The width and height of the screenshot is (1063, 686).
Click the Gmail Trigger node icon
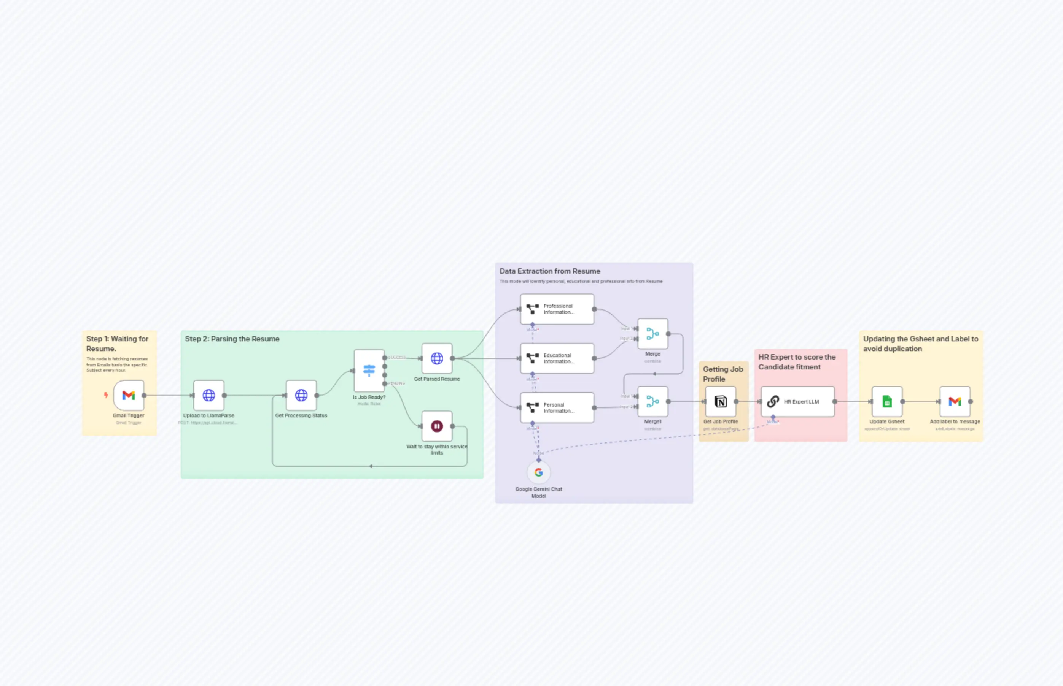pyautogui.click(x=129, y=395)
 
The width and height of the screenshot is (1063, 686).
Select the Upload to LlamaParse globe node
pyautogui.click(x=208, y=395)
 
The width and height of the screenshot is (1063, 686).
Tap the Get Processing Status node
pyautogui.click(x=301, y=395)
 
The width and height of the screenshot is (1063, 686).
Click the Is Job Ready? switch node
pyautogui.click(x=369, y=370)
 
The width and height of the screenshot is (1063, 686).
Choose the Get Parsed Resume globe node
pyautogui.click(x=437, y=358)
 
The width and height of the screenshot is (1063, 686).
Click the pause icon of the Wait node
pyautogui.click(x=437, y=426)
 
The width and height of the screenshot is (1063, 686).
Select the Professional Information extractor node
pyautogui.click(x=557, y=309)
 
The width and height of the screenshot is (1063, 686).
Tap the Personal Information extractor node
pyautogui.click(x=557, y=407)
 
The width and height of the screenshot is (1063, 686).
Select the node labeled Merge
pyautogui.click(x=653, y=334)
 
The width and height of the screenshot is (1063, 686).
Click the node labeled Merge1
pyautogui.click(x=653, y=401)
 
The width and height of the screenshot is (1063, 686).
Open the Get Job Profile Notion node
pyautogui.click(x=721, y=402)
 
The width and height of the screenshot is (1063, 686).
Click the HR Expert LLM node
pyautogui.click(x=798, y=402)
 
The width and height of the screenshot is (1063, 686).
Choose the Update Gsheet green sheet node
pyautogui.click(x=887, y=402)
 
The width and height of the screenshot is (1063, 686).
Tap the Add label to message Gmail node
pyautogui.click(x=955, y=402)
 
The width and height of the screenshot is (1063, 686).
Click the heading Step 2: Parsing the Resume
pyautogui.click(x=232, y=339)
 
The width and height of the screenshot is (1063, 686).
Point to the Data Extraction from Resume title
pyautogui.click(x=550, y=271)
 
